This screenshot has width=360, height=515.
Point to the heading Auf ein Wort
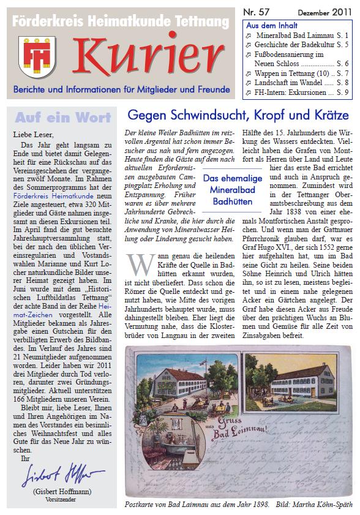[63, 117]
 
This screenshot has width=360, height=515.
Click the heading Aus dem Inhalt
[271, 26]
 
